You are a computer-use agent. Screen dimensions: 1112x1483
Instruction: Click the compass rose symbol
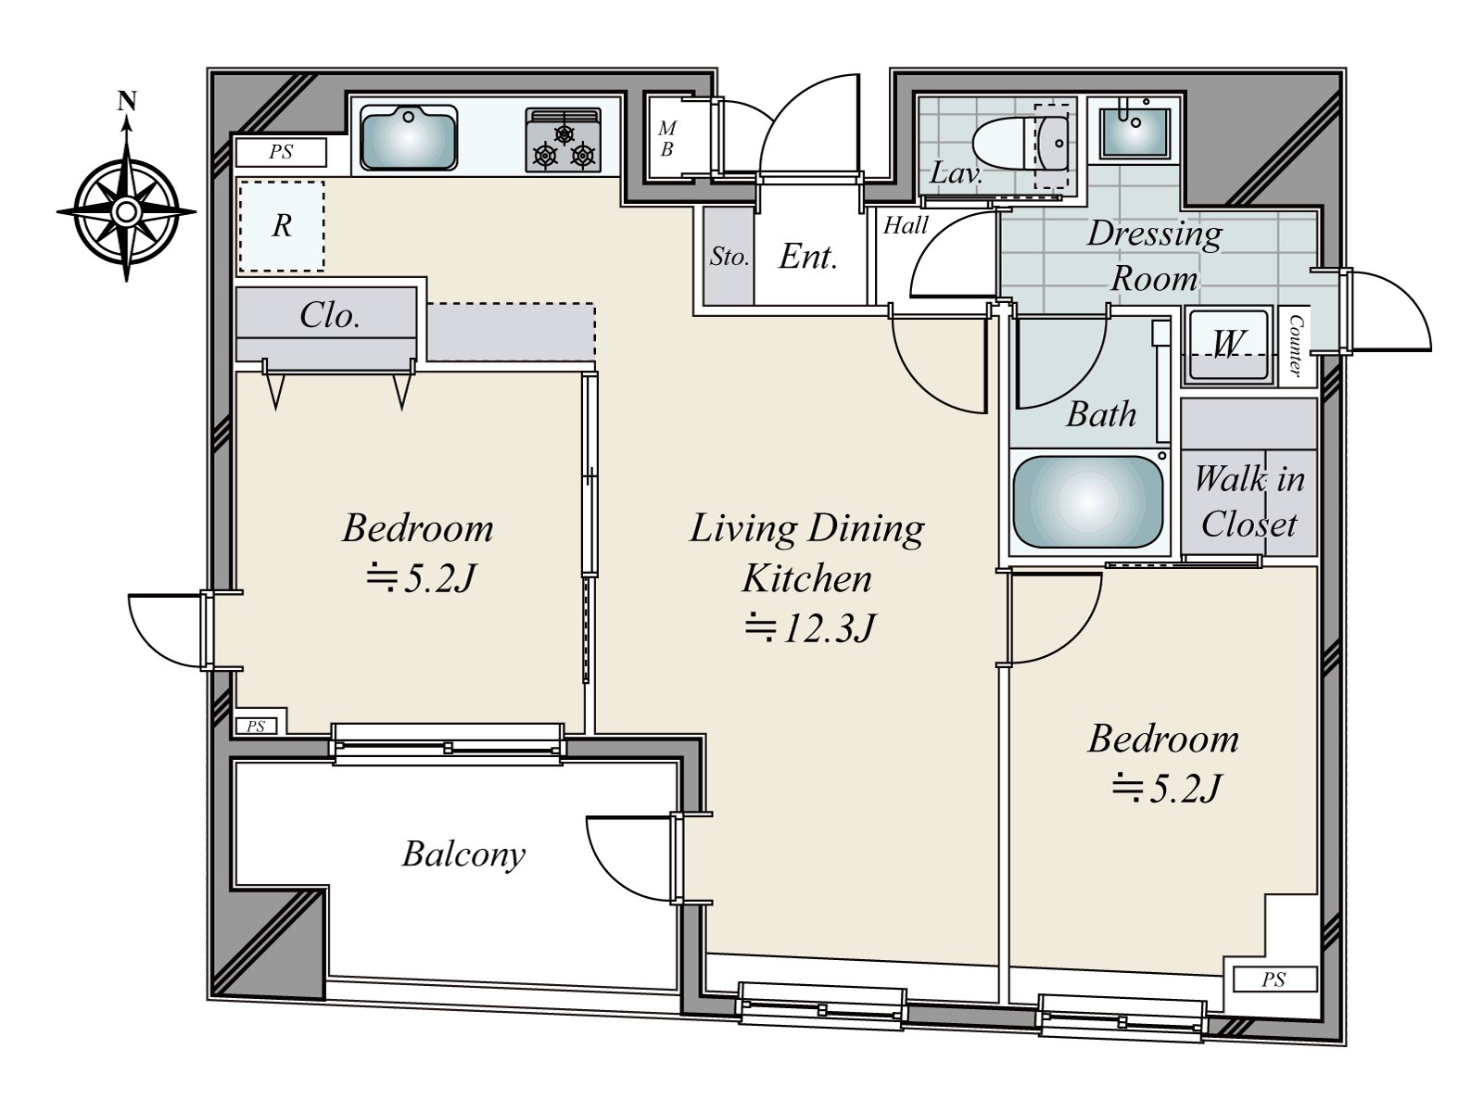pyautogui.click(x=126, y=213)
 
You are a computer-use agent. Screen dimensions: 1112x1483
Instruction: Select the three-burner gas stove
pyautogui.click(x=563, y=141)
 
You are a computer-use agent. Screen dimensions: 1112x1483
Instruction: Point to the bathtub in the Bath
pyautogui.click(x=1087, y=501)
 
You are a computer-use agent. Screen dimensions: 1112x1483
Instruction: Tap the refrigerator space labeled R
pyautogui.click(x=282, y=225)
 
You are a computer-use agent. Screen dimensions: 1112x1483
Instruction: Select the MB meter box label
pyautogui.click(x=666, y=139)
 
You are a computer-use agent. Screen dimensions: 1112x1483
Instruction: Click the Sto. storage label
pyautogui.click(x=729, y=257)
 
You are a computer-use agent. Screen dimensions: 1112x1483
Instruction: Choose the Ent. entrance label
pyautogui.click(x=808, y=257)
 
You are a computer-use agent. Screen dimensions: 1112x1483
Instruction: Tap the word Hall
pyautogui.click(x=905, y=225)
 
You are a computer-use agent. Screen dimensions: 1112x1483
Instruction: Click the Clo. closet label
pyautogui.click(x=329, y=316)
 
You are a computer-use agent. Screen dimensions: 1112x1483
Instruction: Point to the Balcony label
pyautogui.click(x=463, y=853)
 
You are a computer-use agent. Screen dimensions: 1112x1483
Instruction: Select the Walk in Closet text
pyautogui.click(x=1249, y=501)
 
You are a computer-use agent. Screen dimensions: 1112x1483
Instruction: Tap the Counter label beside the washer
pyautogui.click(x=1296, y=346)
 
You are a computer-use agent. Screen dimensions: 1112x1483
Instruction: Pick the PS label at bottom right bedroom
pyautogui.click(x=1274, y=979)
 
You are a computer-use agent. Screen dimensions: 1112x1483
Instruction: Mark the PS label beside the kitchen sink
pyautogui.click(x=281, y=152)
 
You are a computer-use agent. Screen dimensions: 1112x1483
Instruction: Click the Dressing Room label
pyautogui.click(x=1154, y=255)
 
